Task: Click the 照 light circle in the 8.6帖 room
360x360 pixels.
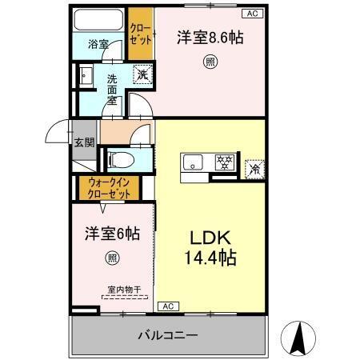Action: click(x=210, y=62)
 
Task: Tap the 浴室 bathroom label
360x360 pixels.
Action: click(x=98, y=46)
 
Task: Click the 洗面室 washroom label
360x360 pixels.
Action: click(x=112, y=90)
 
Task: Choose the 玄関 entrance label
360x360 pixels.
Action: click(x=84, y=143)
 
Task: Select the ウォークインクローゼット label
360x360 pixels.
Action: click(x=108, y=188)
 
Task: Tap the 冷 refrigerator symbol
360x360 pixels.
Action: click(x=254, y=168)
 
